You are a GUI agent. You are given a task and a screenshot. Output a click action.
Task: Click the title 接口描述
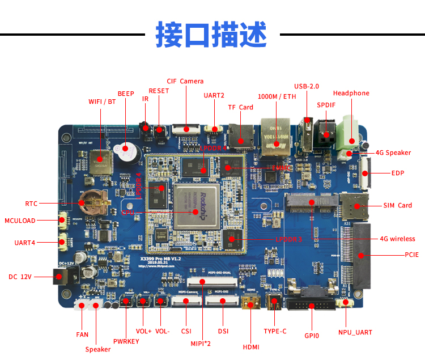coord(211,35)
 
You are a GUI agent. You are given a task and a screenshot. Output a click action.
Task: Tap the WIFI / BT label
coord(102,102)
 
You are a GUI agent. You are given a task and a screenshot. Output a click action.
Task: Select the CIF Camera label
coord(185,81)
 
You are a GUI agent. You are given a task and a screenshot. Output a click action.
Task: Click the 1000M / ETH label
coord(277,96)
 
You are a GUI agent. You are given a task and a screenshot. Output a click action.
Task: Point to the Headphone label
coord(351,93)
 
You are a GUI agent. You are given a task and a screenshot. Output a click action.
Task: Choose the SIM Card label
coord(397,205)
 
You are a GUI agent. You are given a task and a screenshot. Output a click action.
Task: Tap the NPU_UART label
coord(355,332)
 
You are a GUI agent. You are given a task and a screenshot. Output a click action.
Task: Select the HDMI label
coord(250,347)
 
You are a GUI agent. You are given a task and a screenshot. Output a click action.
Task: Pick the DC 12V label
coord(21,277)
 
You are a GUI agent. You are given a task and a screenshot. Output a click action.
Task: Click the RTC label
coord(31,203)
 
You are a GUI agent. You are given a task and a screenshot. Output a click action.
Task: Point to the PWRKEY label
coord(126,341)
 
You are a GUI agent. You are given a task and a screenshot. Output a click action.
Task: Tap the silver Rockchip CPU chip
coord(196,206)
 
